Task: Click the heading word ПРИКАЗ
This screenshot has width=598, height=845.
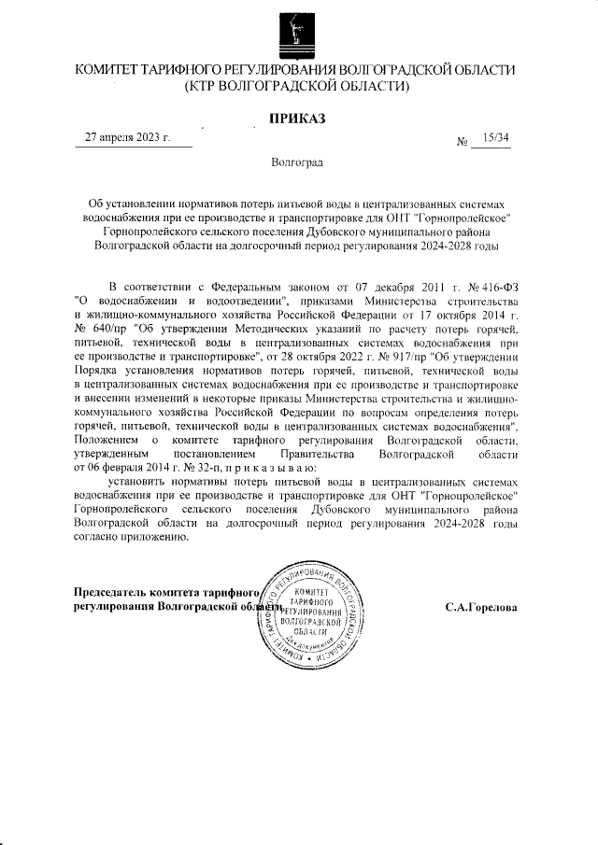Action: pyautogui.click(x=298, y=118)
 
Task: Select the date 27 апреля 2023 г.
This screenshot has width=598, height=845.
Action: pyautogui.click(x=127, y=137)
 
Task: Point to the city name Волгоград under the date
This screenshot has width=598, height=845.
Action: pyautogui.click(x=297, y=162)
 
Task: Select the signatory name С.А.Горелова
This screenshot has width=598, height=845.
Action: pyautogui.click(x=480, y=608)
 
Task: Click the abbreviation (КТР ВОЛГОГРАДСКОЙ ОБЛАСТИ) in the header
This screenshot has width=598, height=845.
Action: pyautogui.click(x=298, y=88)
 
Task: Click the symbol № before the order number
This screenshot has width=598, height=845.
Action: pyautogui.click(x=462, y=142)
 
